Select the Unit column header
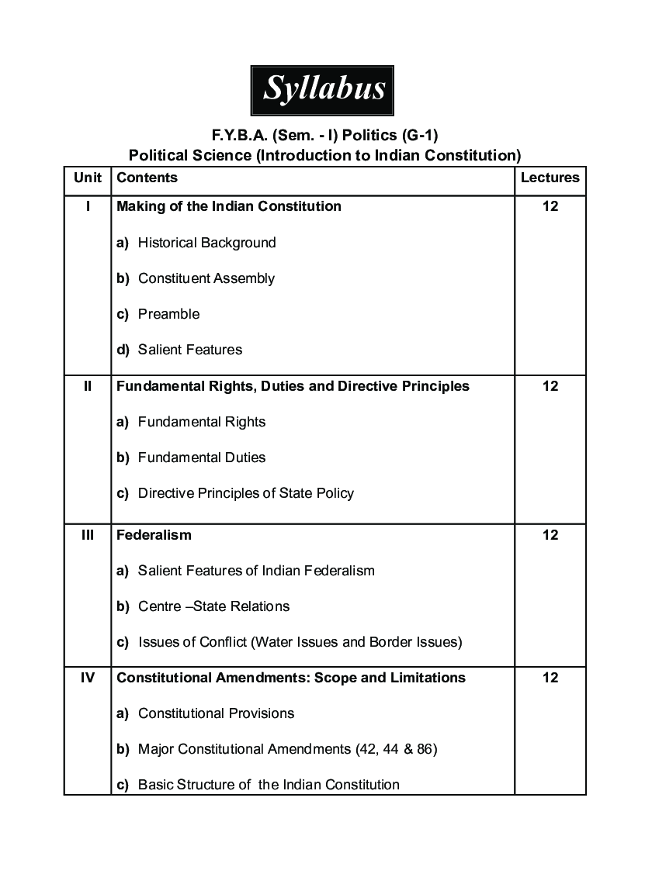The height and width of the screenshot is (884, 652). (88, 178)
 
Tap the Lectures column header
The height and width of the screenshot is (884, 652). (550, 178)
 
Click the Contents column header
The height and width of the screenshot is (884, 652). (147, 178)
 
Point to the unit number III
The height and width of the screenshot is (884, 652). (88, 535)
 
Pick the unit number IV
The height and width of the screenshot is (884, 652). (88, 678)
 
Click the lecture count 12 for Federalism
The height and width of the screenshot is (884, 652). (550, 535)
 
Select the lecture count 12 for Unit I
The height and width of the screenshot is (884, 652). (550, 206)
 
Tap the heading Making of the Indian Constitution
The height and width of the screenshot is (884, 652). (229, 206)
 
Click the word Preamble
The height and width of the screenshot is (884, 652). (168, 314)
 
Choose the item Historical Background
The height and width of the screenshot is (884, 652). (206, 243)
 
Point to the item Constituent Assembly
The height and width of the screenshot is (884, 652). (206, 278)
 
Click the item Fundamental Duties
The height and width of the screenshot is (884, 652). (201, 458)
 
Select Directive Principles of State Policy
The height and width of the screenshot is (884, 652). (245, 493)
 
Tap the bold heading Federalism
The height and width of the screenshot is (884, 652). (154, 535)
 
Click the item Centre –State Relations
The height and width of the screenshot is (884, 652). (213, 606)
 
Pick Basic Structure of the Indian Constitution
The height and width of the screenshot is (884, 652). (269, 785)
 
